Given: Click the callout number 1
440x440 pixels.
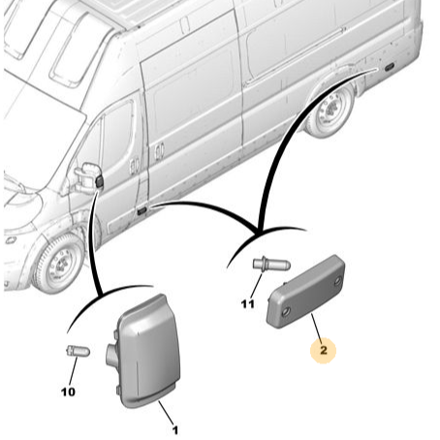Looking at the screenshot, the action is [x=174, y=430].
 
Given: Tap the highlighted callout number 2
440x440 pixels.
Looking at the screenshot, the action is [x=324, y=350].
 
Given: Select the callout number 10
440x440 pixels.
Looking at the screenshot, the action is [x=68, y=392].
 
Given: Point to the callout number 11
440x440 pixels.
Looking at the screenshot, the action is [x=247, y=304].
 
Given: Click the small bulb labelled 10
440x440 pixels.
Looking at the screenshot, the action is [x=78, y=351].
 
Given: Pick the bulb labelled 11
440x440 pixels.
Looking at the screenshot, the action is [x=271, y=265].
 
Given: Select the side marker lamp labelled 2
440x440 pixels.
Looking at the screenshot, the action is [x=305, y=291].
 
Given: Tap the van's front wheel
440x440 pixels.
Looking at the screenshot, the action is [x=58, y=264].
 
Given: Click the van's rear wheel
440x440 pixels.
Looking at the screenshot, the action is [x=330, y=110].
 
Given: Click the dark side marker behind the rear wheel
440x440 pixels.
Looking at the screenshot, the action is [x=389, y=67].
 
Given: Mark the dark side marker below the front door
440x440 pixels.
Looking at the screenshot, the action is [x=142, y=211].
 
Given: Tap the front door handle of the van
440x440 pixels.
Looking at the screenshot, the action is [x=134, y=166].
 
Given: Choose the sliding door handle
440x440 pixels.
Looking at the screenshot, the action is [x=159, y=151].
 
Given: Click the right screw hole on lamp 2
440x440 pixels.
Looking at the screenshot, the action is [x=337, y=281].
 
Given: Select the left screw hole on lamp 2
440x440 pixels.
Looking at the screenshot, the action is [x=285, y=312].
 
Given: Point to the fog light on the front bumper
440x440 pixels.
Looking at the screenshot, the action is [x=11, y=240].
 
